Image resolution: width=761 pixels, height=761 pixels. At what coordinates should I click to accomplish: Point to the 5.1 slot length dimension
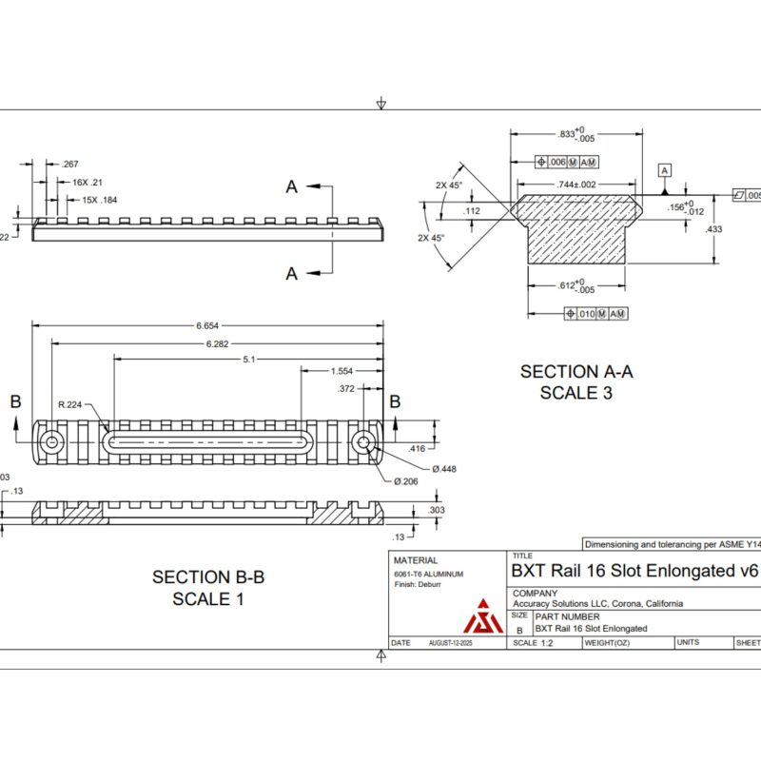pyautogui.click(x=248, y=360)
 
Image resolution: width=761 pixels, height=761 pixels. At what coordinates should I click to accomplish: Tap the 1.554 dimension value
pyautogui.click(x=342, y=371)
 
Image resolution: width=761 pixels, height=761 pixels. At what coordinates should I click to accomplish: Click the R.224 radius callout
pyautogui.click(x=69, y=404)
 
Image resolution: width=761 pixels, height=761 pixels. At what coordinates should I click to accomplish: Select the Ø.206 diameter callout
pyautogui.click(x=405, y=481)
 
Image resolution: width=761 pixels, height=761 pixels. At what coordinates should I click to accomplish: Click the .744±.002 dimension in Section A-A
pyautogui.click(x=576, y=184)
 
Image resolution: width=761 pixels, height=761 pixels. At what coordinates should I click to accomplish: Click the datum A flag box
pyautogui.click(x=665, y=169)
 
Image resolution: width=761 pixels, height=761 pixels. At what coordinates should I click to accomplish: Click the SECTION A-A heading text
pyautogui.click(x=576, y=372)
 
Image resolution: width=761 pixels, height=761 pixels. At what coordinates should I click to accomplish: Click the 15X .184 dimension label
pyautogui.click(x=100, y=200)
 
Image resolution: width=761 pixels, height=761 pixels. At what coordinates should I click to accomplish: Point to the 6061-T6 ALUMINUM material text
pyautogui.click(x=428, y=575)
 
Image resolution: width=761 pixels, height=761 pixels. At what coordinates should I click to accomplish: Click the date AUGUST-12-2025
pyautogui.click(x=451, y=643)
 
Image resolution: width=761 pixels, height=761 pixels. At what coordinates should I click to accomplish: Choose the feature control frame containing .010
pyautogui.click(x=595, y=313)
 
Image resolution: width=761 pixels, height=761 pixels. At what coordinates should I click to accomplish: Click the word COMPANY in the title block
pyautogui.click(x=536, y=593)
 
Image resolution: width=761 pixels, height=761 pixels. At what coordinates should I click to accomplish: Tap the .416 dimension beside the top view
pyautogui.click(x=416, y=448)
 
